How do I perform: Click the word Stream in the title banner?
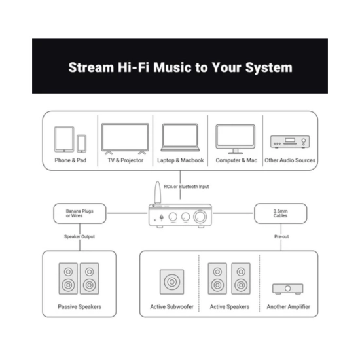pyautogui.click(x=91, y=67)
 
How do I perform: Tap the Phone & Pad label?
pyautogui.click(x=71, y=160)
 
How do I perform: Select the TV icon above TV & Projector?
pyautogui.click(x=125, y=139)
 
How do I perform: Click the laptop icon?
pyautogui.click(x=180, y=137)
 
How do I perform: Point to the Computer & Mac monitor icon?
pyautogui.click(x=236, y=139)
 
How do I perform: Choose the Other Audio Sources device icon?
pyautogui.click(x=290, y=141)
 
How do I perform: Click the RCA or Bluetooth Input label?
pyautogui.click(x=187, y=187)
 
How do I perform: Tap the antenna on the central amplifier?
pyautogui.click(x=158, y=192)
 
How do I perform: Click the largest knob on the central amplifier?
pyautogui.click(x=200, y=217)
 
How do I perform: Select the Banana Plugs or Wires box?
pyautogui.click(x=80, y=213)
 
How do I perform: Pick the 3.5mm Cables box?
pyautogui.click(x=281, y=213)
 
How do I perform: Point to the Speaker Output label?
pyautogui.click(x=79, y=236)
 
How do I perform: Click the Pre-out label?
pyautogui.click(x=281, y=236)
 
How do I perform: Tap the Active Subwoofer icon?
pyautogui.click(x=172, y=282)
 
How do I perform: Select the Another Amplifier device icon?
pyautogui.click(x=288, y=289)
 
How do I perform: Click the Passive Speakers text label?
pyautogui.click(x=79, y=307)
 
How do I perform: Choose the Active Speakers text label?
pyautogui.click(x=230, y=307)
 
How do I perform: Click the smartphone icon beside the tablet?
pyautogui.click(x=82, y=143)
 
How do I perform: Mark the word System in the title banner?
pyautogui.click(x=269, y=67)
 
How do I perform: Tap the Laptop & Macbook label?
pyautogui.click(x=181, y=160)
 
